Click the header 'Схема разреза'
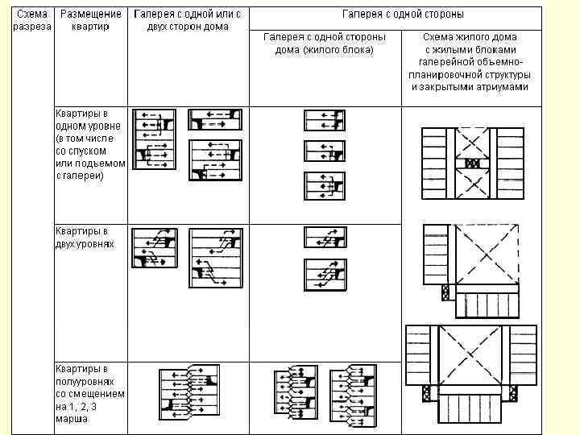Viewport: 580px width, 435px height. point(32,20)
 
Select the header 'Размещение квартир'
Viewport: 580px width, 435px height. point(92,20)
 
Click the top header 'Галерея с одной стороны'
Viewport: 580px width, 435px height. point(402,14)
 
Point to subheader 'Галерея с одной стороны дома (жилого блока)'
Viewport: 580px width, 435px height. point(325,43)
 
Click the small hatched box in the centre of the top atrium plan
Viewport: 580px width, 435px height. point(473,163)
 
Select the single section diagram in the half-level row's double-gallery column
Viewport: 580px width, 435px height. point(188,393)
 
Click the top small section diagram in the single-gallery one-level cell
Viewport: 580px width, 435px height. point(324,120)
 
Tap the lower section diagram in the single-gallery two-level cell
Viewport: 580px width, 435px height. point(325,274)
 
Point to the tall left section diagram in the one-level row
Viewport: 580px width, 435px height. point(152,139)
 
